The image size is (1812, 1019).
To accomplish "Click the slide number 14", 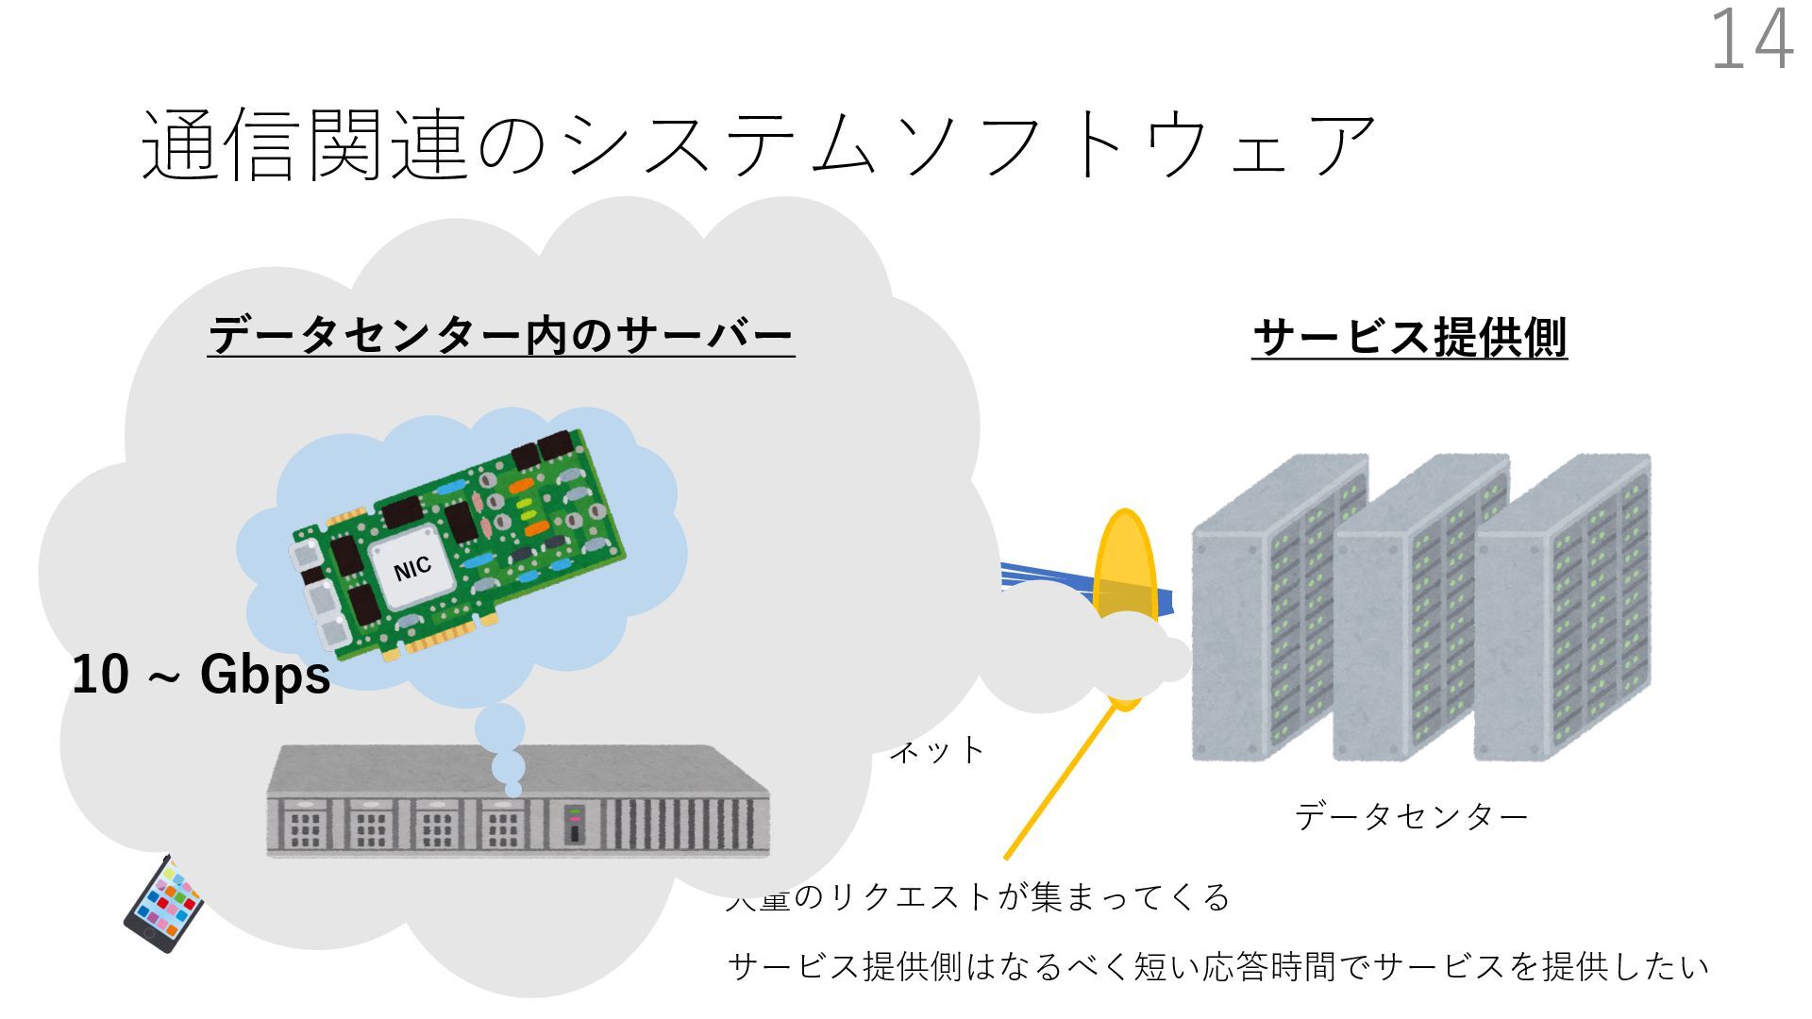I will coord(1751,40).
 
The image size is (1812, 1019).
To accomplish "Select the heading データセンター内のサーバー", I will coord(500,336).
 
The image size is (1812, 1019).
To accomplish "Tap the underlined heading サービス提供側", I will coord(1409,338).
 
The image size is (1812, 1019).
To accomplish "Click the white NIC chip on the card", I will coord(412,568).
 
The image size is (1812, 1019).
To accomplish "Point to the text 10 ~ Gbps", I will coord(201,675).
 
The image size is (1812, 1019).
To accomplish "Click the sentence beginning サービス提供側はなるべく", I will coord(1217,966).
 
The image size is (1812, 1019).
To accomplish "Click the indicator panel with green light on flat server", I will coord(574,824).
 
